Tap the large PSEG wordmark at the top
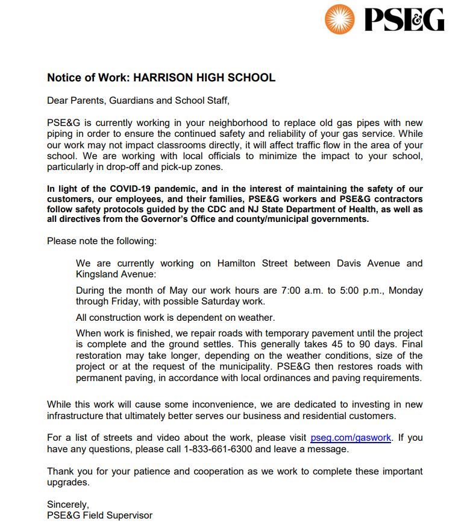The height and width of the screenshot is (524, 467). point(404,19)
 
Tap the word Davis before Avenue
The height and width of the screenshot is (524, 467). point(351,264)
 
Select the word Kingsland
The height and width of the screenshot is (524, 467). point(96,274)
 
